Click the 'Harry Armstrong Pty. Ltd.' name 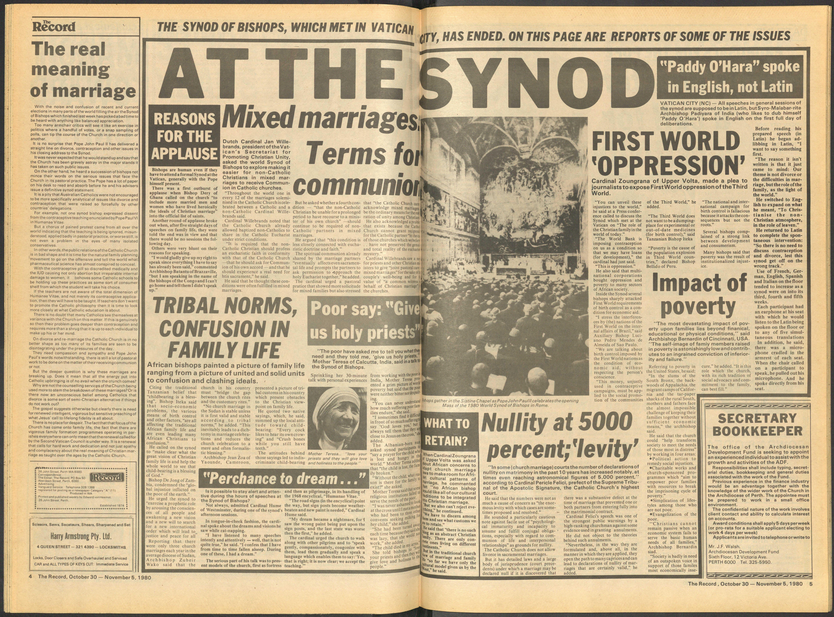point(81,537)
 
